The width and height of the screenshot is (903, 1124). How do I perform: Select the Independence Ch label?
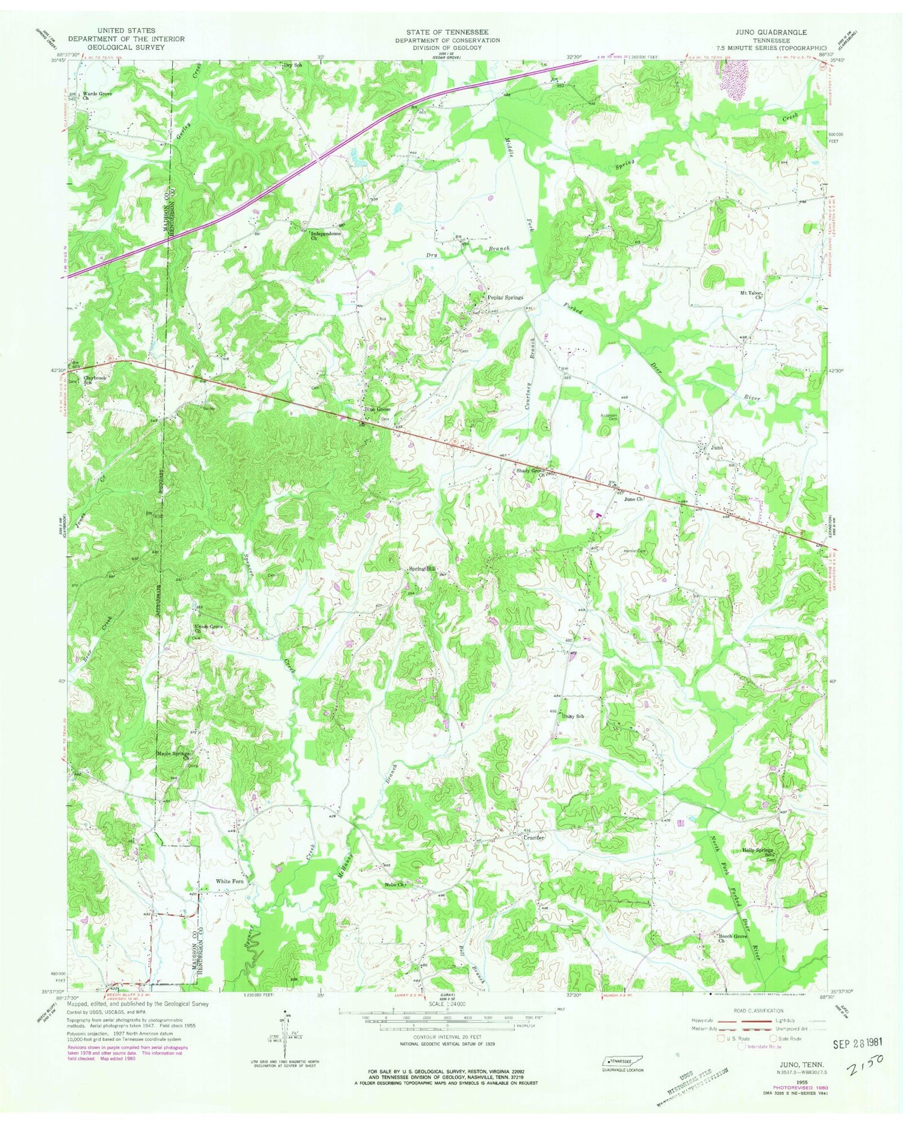[x=326, y=236]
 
